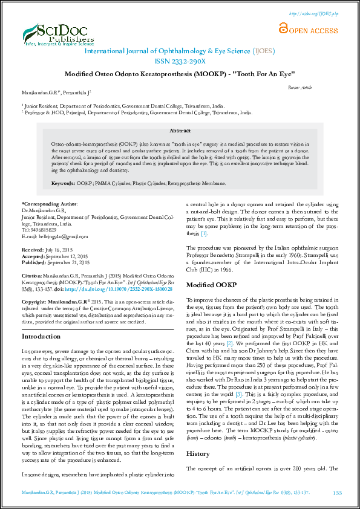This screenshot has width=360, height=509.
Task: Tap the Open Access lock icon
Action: (283, 28)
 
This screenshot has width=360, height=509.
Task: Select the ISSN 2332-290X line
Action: (180, 62)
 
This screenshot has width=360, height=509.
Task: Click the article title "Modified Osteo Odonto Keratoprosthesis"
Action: (180, 74)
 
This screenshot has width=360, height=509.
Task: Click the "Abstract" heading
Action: (180, 131)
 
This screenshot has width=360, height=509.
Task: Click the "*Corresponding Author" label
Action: (50, 205)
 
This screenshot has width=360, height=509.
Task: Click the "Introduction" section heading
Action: (41, 336)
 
